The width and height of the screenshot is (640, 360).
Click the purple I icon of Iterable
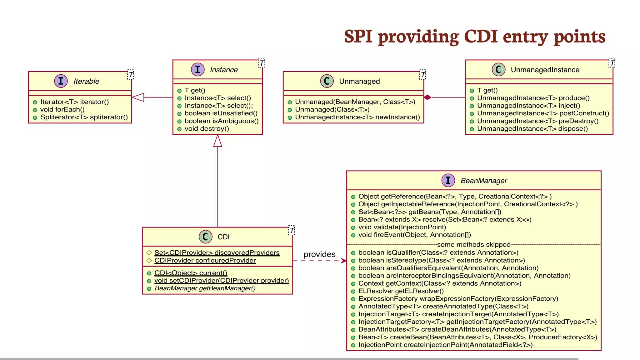click(61, 81)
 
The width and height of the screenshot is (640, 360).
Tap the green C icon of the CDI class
click(205, 237)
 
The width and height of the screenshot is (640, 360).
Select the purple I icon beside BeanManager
click(448, 180)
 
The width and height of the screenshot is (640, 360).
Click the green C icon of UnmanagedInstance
click(498, 69)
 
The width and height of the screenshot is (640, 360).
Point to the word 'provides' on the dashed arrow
click(319, 254)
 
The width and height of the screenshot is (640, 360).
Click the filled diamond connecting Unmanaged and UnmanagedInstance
click(427, 97)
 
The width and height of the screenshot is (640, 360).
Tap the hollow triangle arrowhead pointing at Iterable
click(138, 97)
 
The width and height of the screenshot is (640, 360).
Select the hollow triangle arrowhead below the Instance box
click(217, 141)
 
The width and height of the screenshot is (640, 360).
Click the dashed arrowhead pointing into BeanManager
click(344, 261)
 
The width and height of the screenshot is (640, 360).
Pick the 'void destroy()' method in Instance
click(207, 129)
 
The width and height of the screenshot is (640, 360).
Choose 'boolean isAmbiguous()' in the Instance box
click(221, 121)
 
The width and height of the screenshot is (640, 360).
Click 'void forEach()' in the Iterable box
click(62, 109)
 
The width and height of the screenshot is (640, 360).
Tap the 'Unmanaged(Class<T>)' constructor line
click(332, 109)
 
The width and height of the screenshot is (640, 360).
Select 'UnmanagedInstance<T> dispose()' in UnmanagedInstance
click(532, 129)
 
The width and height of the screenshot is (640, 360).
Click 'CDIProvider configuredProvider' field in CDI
click(205, 260)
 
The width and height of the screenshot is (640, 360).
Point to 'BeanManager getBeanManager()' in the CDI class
click(205, 288)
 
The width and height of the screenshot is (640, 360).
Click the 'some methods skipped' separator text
click(473, 244)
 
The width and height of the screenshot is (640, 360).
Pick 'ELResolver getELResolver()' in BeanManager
click(401, 291)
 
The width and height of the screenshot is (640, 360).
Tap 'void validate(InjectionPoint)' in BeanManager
click(402, 227)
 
